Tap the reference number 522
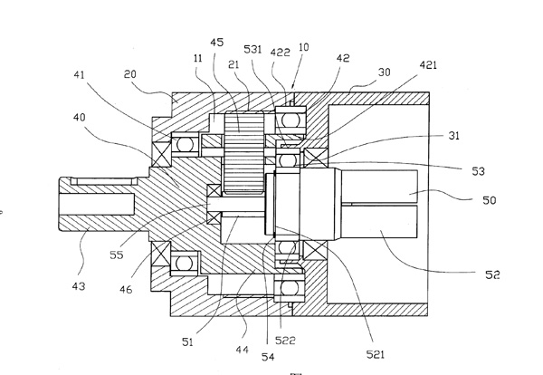pos(286,340)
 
